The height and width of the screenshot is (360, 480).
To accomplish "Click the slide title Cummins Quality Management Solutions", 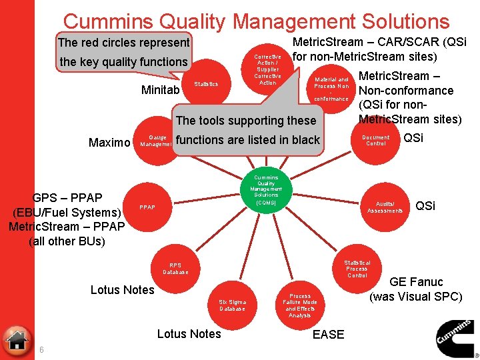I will click(x=256, y=22).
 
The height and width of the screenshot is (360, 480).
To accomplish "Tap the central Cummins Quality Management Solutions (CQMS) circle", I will click(x=266, y=189).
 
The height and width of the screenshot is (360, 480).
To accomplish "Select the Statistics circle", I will click(x=206, y=84).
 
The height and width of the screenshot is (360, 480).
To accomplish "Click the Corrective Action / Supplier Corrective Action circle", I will click(x=267, y=70).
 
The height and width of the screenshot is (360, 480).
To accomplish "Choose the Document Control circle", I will click(x=375, y=140).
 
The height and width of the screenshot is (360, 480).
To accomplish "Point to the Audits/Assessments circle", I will click(x=385, y=207).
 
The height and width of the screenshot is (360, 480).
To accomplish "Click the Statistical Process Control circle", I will click(x=357, y=269).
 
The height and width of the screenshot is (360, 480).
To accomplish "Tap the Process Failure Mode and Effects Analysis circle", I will click(x=300, y=305).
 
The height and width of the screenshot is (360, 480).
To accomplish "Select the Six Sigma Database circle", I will click(x=233, y=305).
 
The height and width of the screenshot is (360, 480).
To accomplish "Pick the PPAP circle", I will click(x=147, y=207).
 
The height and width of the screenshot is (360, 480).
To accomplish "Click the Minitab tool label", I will click(x=160, y=89).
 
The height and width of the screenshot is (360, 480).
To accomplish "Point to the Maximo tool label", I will click(x=109, y=142).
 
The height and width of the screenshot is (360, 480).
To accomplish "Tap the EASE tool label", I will click(x=328, y=335).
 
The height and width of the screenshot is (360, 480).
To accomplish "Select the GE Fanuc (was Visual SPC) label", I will click(x=416, y=289).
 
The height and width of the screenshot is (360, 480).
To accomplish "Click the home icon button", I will click(x=17, y=340).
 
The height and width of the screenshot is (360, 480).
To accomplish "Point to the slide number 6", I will click(x=41, y=351).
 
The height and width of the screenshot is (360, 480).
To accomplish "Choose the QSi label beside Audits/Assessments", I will click(x=425, y=206).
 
